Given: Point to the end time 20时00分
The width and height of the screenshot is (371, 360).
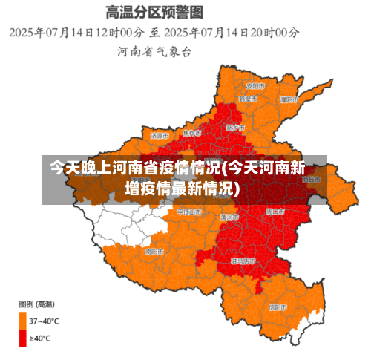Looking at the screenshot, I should tap(275, 33).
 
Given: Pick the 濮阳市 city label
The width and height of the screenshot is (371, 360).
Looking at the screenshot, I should tap(289, 99).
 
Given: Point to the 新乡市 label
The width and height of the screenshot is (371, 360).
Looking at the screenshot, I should tap(233, 127).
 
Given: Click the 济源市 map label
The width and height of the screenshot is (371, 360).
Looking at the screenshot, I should tap(160, 136).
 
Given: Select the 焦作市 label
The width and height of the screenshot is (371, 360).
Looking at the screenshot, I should tap(191, 133).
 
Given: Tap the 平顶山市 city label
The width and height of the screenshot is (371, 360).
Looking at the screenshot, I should tap(188, 212).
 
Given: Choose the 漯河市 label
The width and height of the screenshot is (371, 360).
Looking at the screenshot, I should tap(229, 217).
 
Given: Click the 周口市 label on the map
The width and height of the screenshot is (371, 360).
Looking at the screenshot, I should tap(274, 211).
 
